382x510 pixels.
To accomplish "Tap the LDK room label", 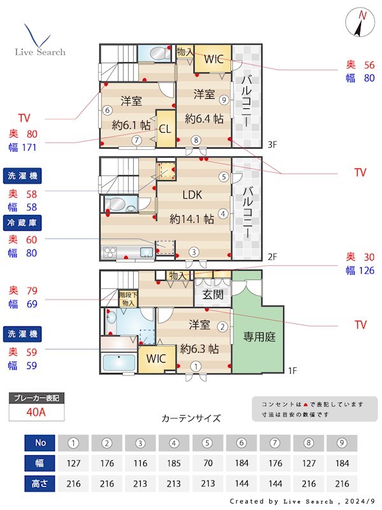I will pyautogui.click(x=192, y=195).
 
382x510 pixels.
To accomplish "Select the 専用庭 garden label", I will pyautogui.click(x=259, y=337).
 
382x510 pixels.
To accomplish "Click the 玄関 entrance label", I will pyautogui.click(x=212, y=295).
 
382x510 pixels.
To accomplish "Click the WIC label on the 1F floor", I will pyautogui.click(x=156, y=358).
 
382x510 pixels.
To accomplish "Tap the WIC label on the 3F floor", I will pyautogui.click(x=214, y=59).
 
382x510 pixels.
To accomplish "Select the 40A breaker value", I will pyautogui.click(x=36, y=412).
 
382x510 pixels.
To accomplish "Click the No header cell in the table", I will pyautogui.click(x=41, y=442).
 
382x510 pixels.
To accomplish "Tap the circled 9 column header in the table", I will pyautogui.click(x=341, y=442).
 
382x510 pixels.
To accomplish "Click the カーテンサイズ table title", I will pyautogui.click(x=191, y=419).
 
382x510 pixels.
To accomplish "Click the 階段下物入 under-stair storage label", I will pyautogui.click(x=128, y=300).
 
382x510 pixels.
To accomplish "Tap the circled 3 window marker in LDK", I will pyautogui.click(x=194, y=251).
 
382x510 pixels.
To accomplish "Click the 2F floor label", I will pyautogui.click(x=272, y=257).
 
